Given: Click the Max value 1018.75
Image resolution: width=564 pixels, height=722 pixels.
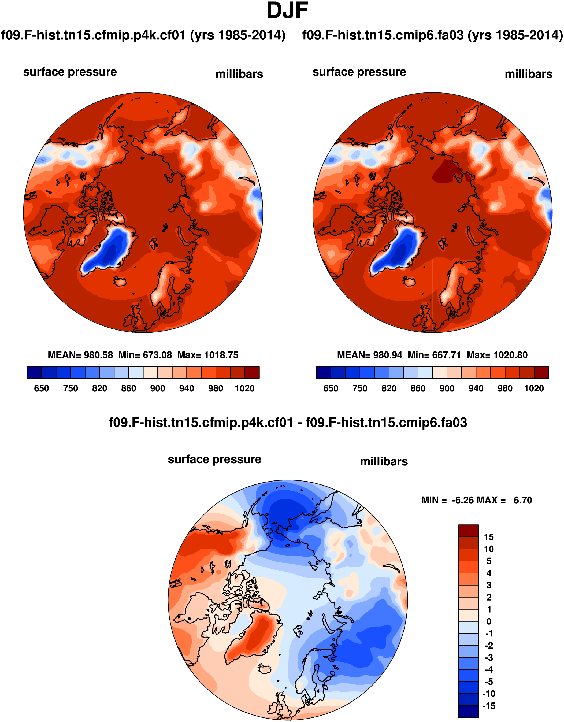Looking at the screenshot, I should [x=221, y=355].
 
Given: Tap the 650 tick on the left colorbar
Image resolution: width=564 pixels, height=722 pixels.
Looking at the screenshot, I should [x=41, y=388].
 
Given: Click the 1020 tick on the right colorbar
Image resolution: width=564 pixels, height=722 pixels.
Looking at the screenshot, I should [x=534, y=388].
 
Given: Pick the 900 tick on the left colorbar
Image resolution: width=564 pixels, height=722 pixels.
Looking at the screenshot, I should [x=157, y=388].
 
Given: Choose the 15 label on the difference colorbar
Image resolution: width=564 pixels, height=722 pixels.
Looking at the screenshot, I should [x=489, y=537].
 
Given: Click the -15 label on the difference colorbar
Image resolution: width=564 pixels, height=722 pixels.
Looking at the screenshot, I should [x=489, y=706].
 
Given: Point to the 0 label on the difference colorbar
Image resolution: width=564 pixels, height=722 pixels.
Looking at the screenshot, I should [x=489, y=621].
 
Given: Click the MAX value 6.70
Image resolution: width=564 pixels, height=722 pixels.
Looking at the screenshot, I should [x=523, y=500].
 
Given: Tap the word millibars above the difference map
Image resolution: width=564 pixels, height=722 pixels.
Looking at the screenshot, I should [x=384, y=461].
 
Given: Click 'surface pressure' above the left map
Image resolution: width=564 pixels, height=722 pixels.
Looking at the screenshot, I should [x=70, y=72].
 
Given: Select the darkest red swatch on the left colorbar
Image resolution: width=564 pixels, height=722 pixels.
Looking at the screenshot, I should [x=252, y=372].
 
